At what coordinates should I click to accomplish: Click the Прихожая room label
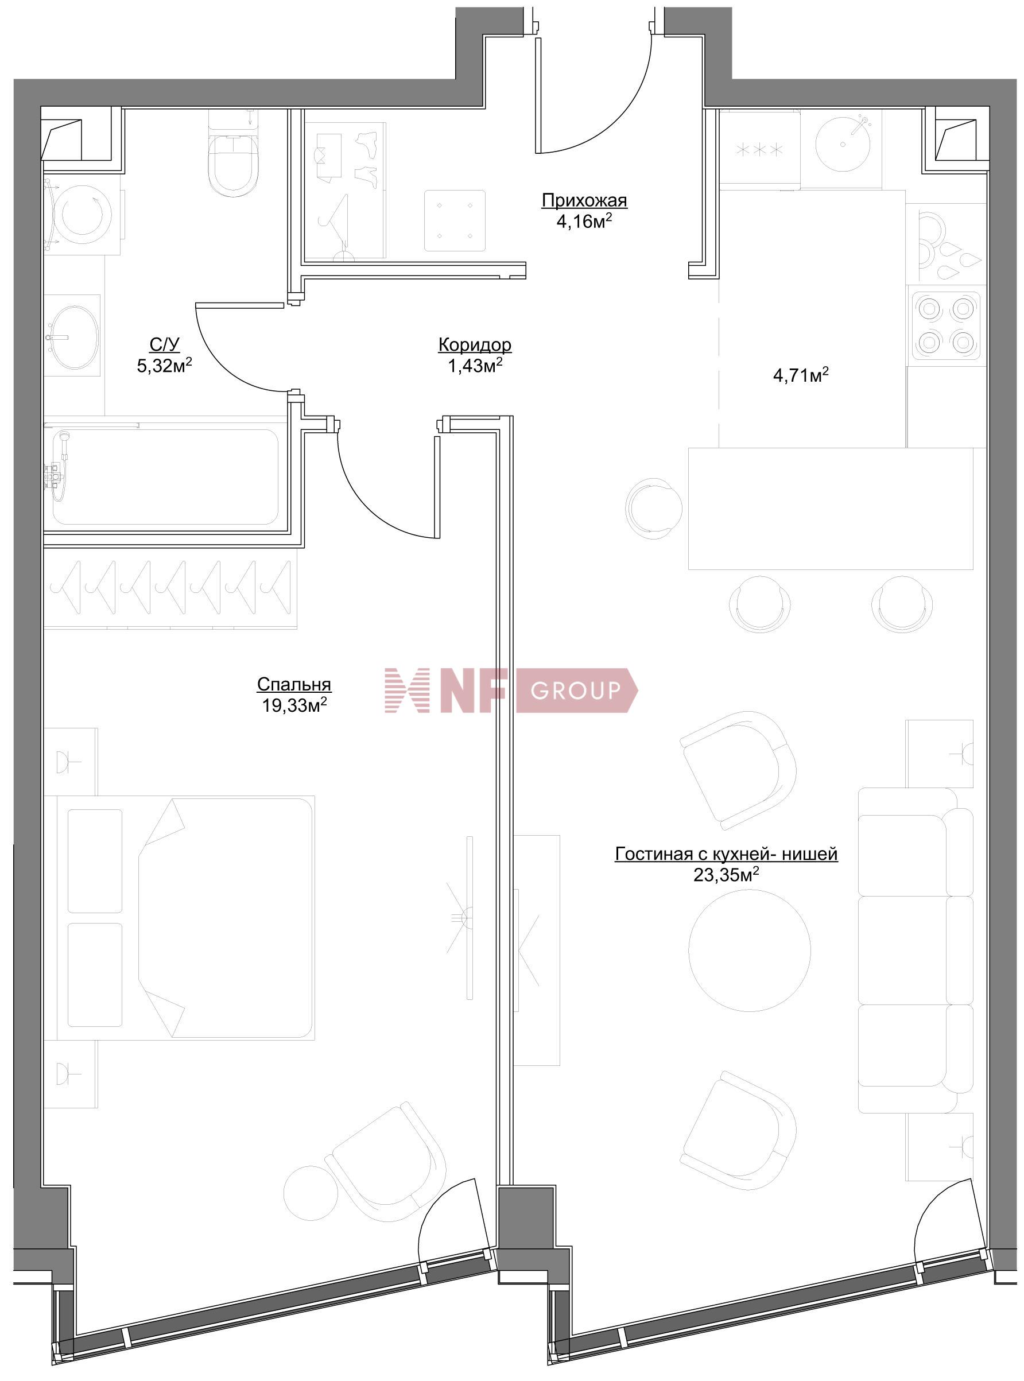[584, 200]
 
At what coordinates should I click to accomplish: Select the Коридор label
[475, 344]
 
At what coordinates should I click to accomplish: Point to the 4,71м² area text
[801, 375]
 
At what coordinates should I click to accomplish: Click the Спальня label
[294, 684]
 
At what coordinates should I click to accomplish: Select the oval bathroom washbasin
[74, 337]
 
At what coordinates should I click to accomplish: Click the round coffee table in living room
[750, 952]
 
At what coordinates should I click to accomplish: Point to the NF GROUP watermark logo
[511, 690]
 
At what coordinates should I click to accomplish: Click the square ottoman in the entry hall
[455, 220]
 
